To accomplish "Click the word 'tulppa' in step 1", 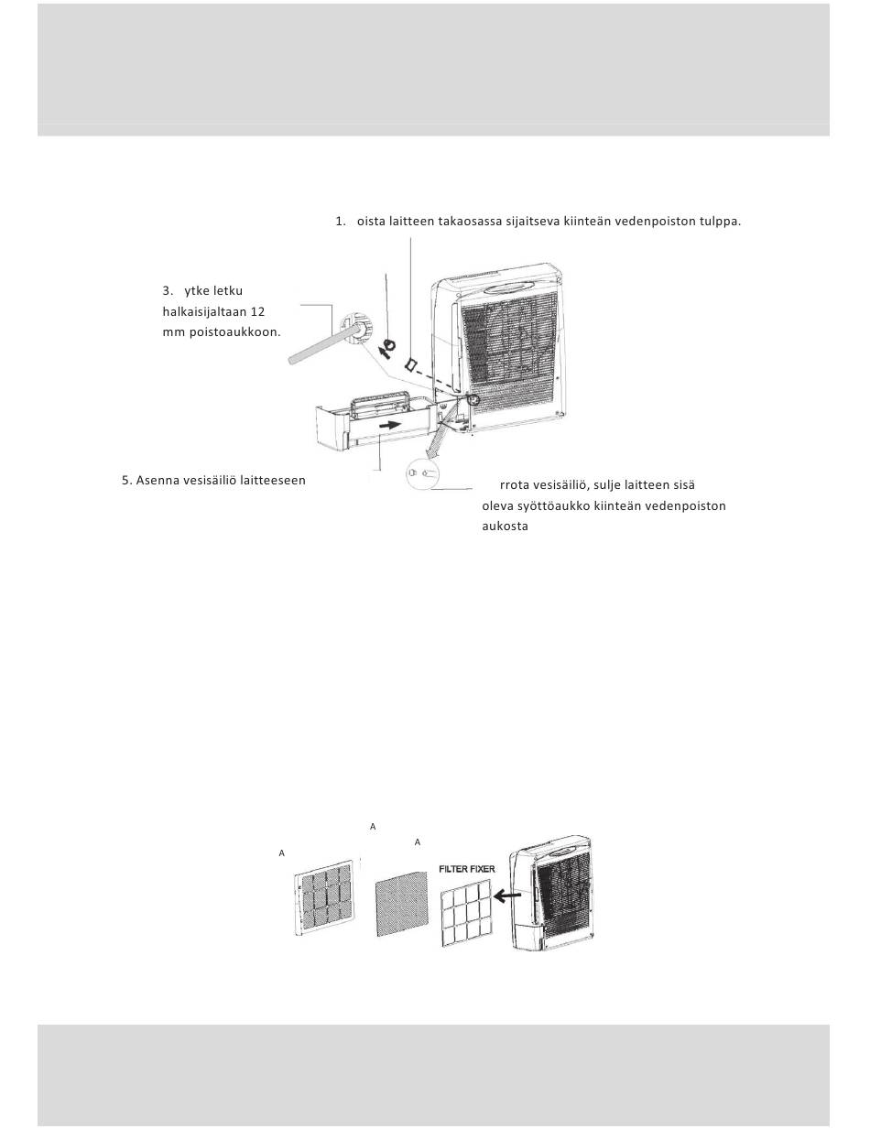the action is pyautogui.click(x=720, y=222).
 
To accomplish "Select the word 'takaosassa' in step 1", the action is pyautogui.click(x=470, y=222).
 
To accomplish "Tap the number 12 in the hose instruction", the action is pyautogui.click(x=257, y=311).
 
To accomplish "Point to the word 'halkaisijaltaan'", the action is pyautogui.click(x=204, y=311).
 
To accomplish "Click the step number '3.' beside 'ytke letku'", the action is pyautogui.click(x=167, y=291).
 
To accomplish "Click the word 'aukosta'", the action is pyautogui.click(x=505, y=527).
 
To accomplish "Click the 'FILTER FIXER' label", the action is pyautogui.click(x=467, y=869).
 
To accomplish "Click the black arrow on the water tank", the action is pyautogui.click(x=389, y=425).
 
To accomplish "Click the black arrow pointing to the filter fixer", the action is pyautogui.click(x=508, y=896).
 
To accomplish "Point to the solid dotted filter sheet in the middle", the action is pyautogui.click(x=401, y=903).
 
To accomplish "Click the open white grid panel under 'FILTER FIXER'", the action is pyautogui.click(x=466, y=912).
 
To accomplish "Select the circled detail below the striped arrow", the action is pyautogui.click(x=422, y=474).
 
